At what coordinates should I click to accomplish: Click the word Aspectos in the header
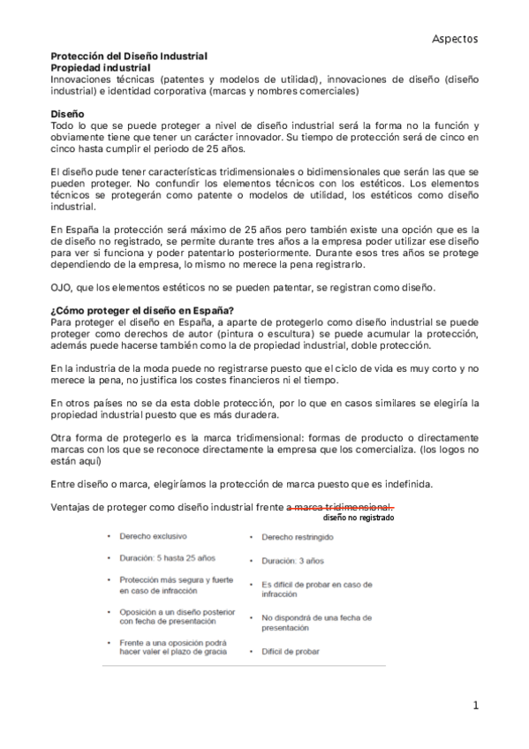pyautogui.click(x=455, y=39)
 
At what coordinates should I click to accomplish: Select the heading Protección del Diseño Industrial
pyautogui.click(x=129, y=56)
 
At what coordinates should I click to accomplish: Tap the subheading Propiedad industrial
pyautogui.click(x=100, y=66)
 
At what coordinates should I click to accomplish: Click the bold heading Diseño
pyautogui.click(x=67, y=114)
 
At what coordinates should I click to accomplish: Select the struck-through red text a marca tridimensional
pyautogui.click(x=339, y=506)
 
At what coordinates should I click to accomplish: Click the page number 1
pyautogui.click(x=475, y=705)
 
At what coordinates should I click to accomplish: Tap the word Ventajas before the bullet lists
pyautogui.click(x=73, y=506)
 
